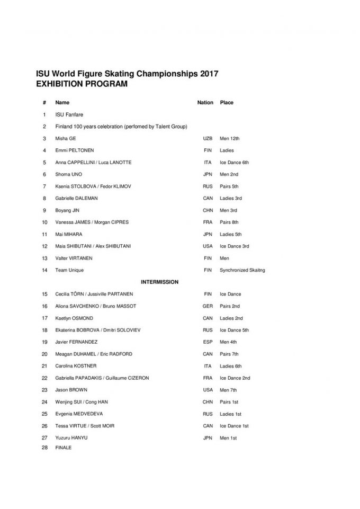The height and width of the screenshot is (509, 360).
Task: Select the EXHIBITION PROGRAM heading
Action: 82,84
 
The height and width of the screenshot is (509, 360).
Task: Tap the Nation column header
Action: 205,103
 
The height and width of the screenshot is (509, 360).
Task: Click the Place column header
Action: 227,103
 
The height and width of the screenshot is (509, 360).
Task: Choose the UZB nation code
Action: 208,138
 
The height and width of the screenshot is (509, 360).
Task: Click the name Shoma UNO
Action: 69,174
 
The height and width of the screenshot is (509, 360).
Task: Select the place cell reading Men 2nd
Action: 230,174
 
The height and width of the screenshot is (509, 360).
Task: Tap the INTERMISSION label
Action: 159,282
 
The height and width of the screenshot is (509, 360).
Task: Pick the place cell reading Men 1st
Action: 228,438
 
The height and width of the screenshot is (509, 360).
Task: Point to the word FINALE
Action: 63,448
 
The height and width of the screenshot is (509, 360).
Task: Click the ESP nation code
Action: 208,342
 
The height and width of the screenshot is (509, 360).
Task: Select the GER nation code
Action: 208,306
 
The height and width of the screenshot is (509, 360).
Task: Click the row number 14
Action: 44,270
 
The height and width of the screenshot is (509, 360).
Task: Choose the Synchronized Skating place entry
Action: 242,270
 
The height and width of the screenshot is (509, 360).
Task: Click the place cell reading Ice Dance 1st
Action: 234,426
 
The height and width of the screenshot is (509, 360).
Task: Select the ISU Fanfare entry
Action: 69,114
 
